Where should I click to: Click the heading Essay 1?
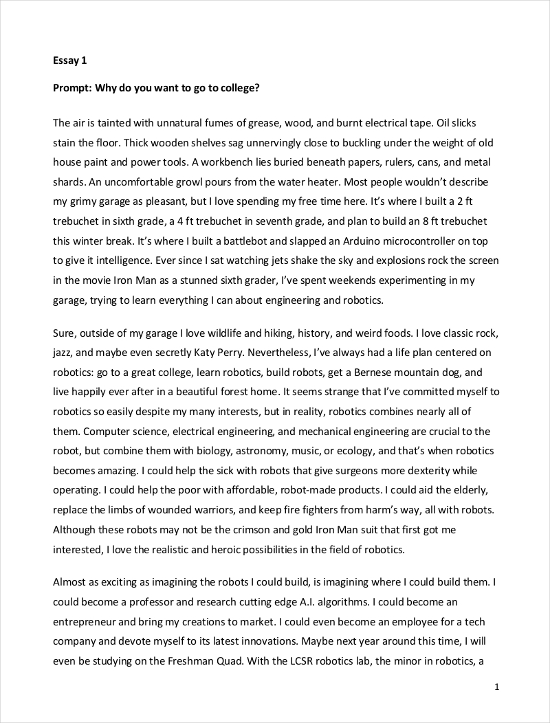tap(69, 60)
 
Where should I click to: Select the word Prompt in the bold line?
tap(73, 88)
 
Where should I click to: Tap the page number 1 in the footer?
tap(496, 687)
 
